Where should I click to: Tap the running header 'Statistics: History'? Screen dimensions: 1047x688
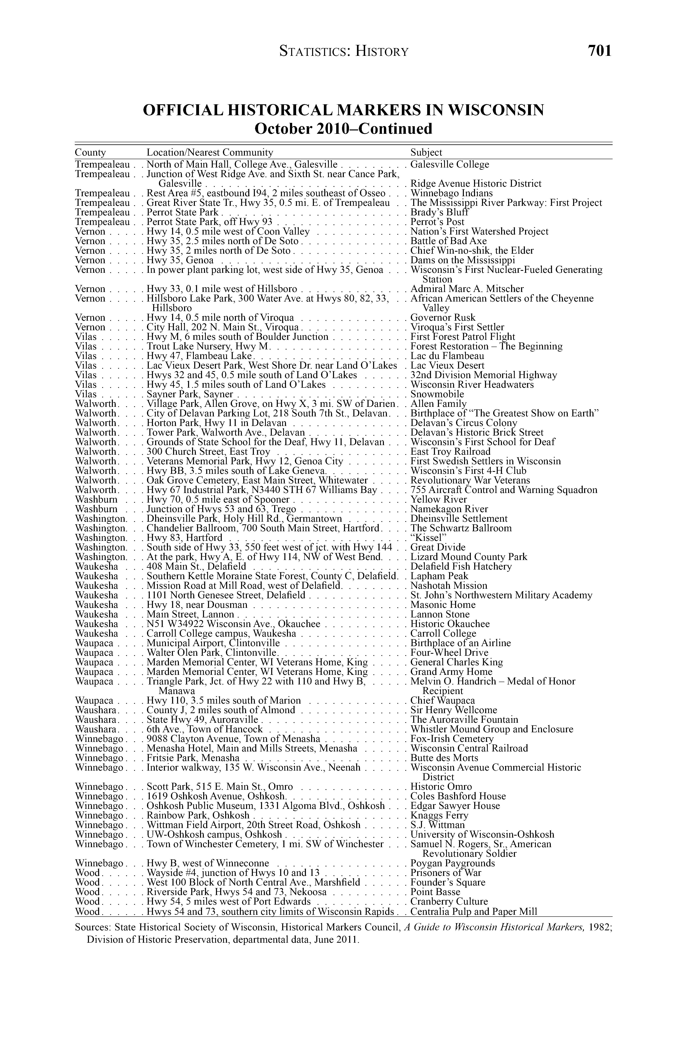[x=344, y=52]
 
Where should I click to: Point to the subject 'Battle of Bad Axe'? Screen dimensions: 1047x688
[x=448, y=241]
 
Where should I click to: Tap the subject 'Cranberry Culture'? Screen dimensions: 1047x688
[x=449, y=902]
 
